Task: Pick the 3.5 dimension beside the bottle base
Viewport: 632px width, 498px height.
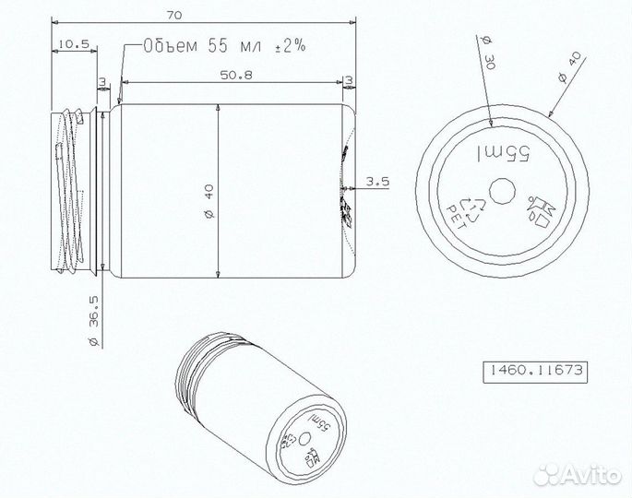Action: pos(377,182)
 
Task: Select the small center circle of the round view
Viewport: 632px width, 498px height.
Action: pos(502,192)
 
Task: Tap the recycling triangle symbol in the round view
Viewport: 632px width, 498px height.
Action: pos(473,208)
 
